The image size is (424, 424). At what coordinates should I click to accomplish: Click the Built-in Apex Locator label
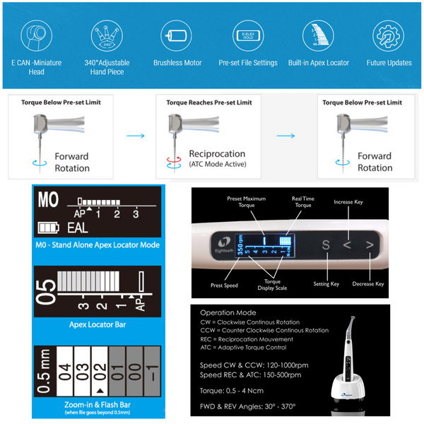[x=318, y=63]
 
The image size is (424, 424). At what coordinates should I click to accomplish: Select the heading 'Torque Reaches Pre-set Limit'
[x=208, y=102]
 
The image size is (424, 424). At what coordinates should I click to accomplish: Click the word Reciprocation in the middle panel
[x=217, y=153]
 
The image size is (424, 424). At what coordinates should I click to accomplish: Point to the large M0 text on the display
[x=48, y=201]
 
